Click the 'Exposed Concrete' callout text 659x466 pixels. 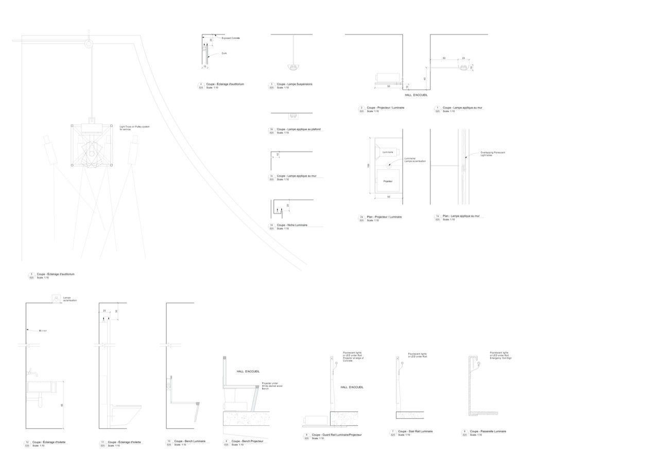click(x=231, y=38)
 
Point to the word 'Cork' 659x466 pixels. click(x=224, y=54)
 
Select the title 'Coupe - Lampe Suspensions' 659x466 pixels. click(x=294, y=84)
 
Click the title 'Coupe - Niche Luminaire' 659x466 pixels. click(x=292, y=225)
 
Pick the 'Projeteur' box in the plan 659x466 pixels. click(x=388, y=181)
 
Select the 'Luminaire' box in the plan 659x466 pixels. click(x=388, y=152)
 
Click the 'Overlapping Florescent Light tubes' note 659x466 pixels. click(x=493, y=153)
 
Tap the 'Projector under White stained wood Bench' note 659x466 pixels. click(x=272, y=386)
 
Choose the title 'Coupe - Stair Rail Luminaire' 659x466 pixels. click(x=415, y=431)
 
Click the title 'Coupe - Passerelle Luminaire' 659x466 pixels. click(x=488, y=431)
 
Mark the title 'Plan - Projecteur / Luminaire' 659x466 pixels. click(x=385, y=217)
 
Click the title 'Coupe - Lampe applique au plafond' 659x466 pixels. click(x=299, y=129)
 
